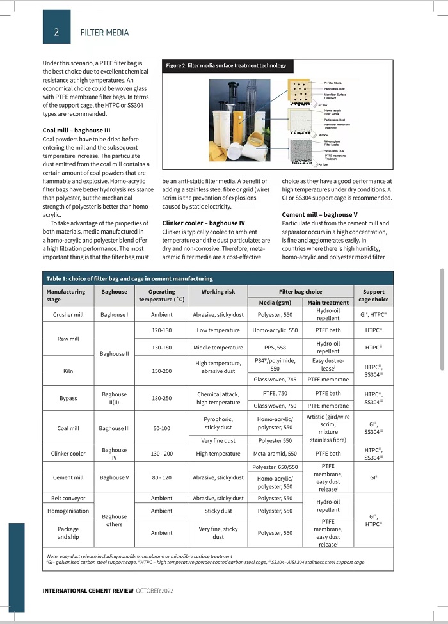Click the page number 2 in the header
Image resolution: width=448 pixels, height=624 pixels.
click(x=56, y=32)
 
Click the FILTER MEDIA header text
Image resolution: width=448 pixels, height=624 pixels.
click(x=104, y=33)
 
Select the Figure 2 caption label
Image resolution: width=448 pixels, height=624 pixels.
click(x=227, y=66)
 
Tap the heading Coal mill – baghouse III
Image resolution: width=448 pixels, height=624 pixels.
click(x=76, y=131)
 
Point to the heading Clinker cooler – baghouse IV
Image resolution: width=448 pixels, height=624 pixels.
click(x=200, y=223)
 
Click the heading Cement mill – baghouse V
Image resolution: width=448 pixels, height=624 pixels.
click(x=319, y=214)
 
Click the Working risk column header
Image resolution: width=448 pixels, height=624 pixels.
click(x=218, y=292)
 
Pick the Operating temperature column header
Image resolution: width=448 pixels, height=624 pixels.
click(x=161, y=296)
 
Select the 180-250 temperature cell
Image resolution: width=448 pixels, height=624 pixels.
click(x=161, y=398)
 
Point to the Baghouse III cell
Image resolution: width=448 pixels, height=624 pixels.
click(x=114, y=428)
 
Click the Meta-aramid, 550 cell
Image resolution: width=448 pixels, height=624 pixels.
click(x=275, y=454)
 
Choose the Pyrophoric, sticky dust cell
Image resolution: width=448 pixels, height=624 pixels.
click(x=218, y=422)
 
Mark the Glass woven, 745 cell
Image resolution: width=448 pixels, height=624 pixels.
click(x=275, y=380)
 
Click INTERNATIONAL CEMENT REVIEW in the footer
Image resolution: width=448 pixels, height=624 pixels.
click(x=88, y=591)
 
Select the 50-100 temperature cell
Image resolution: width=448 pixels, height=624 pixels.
click(x=161, y=428)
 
